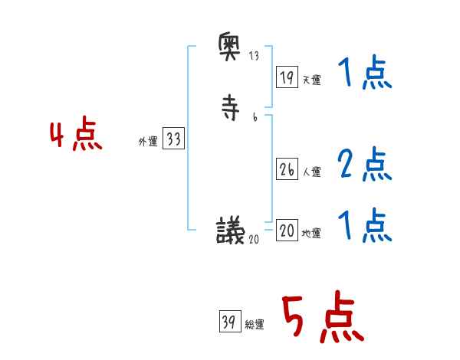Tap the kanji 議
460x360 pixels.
[231, 230]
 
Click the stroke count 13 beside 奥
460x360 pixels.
[254, 57]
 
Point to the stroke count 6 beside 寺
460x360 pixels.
[254, 117]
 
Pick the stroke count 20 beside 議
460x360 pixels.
[254, 238]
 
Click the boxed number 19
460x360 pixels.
[287, 77]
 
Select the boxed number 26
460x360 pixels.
[287, 170]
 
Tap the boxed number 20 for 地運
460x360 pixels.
[287, 231]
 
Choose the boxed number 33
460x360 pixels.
[173, 139]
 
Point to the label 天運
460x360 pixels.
[311, 79]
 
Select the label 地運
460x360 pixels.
[311, 234]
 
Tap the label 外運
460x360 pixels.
[147, 142]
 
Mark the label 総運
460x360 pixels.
[254, 325]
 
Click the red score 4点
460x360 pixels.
[76, 136]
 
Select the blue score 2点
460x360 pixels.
[364, 165]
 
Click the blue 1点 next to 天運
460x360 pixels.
[364, 74]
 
